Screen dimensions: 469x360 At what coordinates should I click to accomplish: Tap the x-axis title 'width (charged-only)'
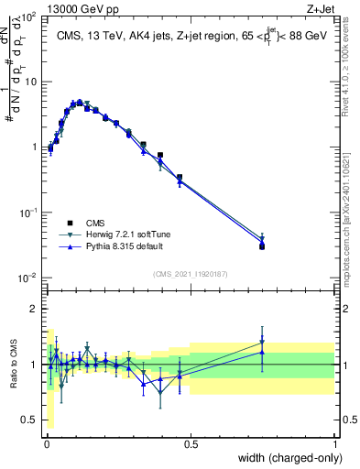coord(285,457)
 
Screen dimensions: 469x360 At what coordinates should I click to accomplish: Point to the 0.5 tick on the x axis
coord(190,443)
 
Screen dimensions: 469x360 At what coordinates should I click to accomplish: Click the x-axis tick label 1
coord(334,443)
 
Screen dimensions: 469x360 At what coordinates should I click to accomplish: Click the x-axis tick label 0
coord(46,443)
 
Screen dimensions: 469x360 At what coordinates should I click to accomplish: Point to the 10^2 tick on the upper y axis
coord(31,17)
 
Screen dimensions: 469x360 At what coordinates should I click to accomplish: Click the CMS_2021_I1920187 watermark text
coord(190,273)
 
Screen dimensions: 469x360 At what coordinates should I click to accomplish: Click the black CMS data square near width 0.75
coord(262,246)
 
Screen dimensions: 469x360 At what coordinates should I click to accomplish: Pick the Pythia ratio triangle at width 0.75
coord(262,352)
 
